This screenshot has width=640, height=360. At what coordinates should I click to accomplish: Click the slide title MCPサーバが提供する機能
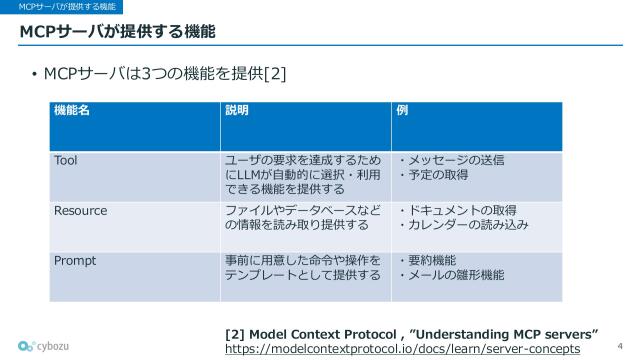[118, 32]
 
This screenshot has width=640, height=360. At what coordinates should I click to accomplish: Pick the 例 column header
[403, 110]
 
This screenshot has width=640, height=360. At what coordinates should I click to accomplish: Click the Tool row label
[66, 160]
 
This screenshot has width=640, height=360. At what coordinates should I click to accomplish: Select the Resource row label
[80, 210]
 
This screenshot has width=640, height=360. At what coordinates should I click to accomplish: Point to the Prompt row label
[74, 260]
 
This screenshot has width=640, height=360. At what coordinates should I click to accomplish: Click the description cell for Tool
[303, 174]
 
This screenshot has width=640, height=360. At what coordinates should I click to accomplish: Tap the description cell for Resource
[303, 217]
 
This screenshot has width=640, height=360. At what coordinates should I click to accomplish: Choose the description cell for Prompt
[303, 267]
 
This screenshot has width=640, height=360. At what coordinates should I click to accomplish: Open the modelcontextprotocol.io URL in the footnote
[402, 348]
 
